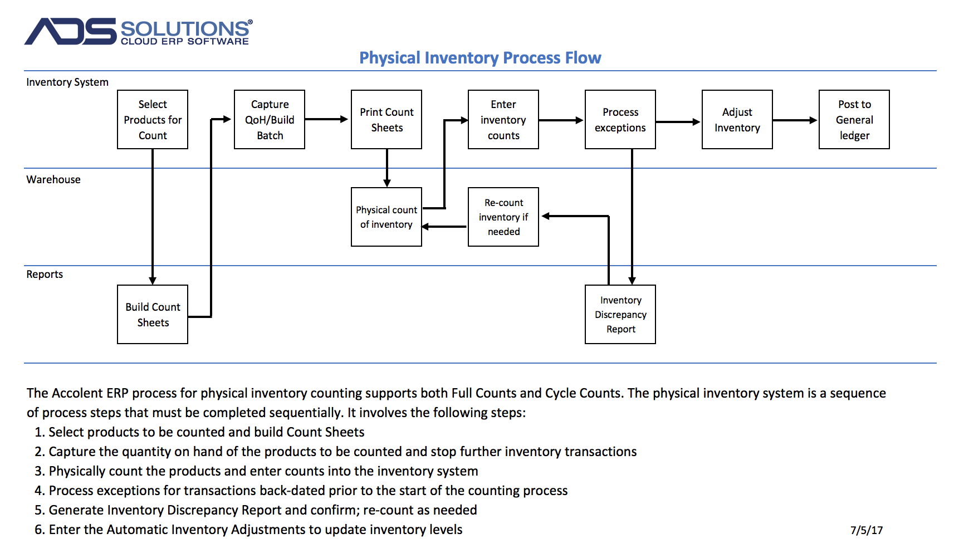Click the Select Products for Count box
point(153,120)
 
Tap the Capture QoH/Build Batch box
point(270,120)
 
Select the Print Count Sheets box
point(386,120)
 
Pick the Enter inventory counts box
point(503,120)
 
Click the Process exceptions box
point(620,120)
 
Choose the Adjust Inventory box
point(737,120)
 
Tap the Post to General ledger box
point(854,120)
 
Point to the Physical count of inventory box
point(386,217)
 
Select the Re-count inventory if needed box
point(503,217)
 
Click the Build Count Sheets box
point(153,315)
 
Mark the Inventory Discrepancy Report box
point(620,315)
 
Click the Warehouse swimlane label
point(53,179)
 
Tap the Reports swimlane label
point(45,274)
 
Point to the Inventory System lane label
point(67,82)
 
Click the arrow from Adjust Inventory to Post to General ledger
point(795,120)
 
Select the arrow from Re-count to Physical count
point(444,227)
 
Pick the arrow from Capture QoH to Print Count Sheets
point(327,119)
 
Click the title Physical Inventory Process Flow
point(480,58)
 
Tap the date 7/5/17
point(867,530)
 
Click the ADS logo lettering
point(71,31)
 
